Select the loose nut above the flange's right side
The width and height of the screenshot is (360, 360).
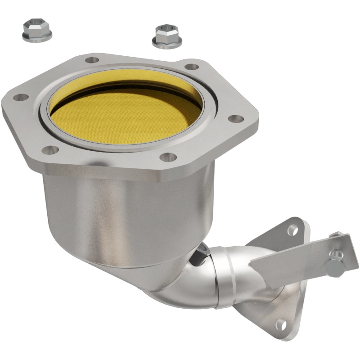[x=167, y=36]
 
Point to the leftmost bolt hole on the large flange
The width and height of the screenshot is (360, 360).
[x=21, y=97]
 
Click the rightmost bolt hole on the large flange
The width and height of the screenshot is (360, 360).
[x=236, y=119]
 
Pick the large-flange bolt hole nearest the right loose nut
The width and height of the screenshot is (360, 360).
[x=192, y=67]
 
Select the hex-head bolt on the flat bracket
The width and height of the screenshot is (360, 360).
[x=335, y=266]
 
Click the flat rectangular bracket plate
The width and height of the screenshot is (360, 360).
[x=297, y=261]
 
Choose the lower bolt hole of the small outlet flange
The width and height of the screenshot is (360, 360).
[x=281, y=324]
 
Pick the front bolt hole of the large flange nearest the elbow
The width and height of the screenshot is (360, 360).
[x=168, y=157]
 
